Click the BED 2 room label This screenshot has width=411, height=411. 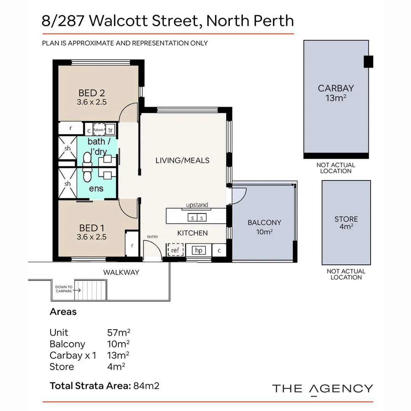tap(91, 93)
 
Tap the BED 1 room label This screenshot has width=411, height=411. tap(91, 228)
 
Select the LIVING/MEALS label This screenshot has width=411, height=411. tap(182, 160)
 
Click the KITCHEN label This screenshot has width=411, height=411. tap(193, 233)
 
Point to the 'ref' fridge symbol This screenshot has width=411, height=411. tap(175, 250)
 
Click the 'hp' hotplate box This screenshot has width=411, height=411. tap(198, 250)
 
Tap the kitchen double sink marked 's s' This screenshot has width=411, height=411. tap(198, 218)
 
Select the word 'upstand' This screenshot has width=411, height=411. tap(197, 205)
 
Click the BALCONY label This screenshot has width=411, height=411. tap(264, 223)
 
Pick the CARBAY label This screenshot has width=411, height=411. tap(336, 88)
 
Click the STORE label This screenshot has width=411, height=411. tap(346, 219)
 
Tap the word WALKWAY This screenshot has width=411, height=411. tap(121, 272)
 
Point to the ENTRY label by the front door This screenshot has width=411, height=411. tap(152, 237)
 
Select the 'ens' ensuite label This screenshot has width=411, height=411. tap(96, 188)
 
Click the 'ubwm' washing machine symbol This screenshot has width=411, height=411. tap(99, 129)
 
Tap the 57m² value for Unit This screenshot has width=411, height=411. tap(119, 333)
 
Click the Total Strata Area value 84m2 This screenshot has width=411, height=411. tap(146, 386)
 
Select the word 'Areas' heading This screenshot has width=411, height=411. tap(63, 312)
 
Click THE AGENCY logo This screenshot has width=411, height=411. tap(322, 389)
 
